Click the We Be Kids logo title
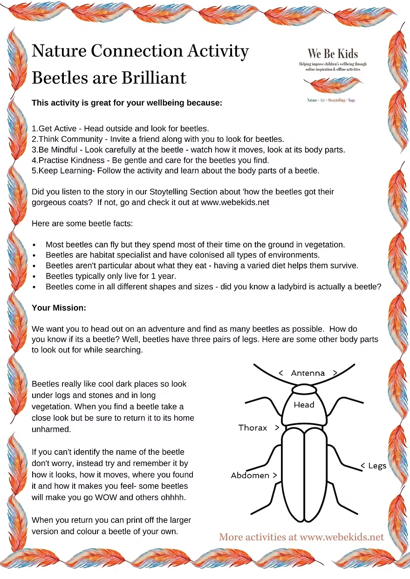(333, 53)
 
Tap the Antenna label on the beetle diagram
(307, 373)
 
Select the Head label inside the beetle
(304, 405)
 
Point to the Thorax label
(253, 428)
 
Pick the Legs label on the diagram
(377, 466)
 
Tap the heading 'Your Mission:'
(59, 308)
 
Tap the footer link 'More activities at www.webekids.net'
(301, 537)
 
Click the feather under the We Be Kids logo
(333, 86)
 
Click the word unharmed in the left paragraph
(51, 430)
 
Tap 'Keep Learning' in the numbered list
(65, 171)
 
